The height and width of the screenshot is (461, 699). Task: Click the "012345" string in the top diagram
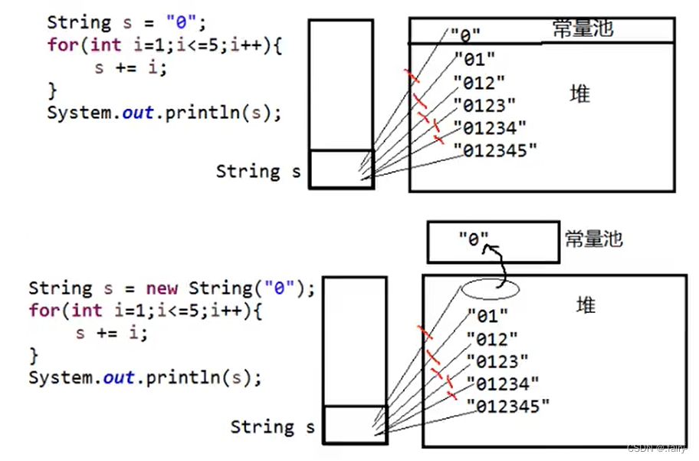pyautogui.click(x=495, y=150)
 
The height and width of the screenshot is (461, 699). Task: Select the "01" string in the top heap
pyautogui.click(x=474, y=58)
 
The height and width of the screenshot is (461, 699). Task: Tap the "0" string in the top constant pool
pyautogui.click(x=465, y=35)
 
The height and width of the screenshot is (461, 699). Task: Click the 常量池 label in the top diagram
pyautogui.click(x=582, y=29)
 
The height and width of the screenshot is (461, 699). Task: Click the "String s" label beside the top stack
pyautogui.click(x=258, y=171)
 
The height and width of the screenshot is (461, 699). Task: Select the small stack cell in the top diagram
pyautogui.click(x=340, y=169)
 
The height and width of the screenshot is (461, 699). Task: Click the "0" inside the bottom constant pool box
pyautogui.click(x=474, y=239)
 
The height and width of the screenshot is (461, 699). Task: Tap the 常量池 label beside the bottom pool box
pyautogui.click(x=593, y=238)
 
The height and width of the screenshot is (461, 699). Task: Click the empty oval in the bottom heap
pyautogui.click(x=491, y=288)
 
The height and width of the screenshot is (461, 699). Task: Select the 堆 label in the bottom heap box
pyautogui.click(x=586, y=306)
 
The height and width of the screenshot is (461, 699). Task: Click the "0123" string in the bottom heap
pyautogui.click(x=497, y=361)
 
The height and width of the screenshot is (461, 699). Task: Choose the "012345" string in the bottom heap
pyautogui.click(x=507, y=405)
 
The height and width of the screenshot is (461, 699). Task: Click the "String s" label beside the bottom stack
pyautogui.click(x=273, y=426)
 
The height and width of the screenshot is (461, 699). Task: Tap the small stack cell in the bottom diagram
pyautogui.click(x=355, y=424)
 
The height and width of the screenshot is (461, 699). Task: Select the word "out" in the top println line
pyautogui.click(x=137, y=113)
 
